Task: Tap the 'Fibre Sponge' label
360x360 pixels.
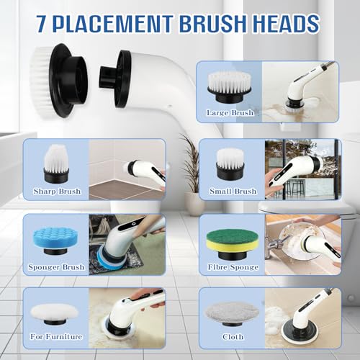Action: pyautogui.click(x=229, y=266)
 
